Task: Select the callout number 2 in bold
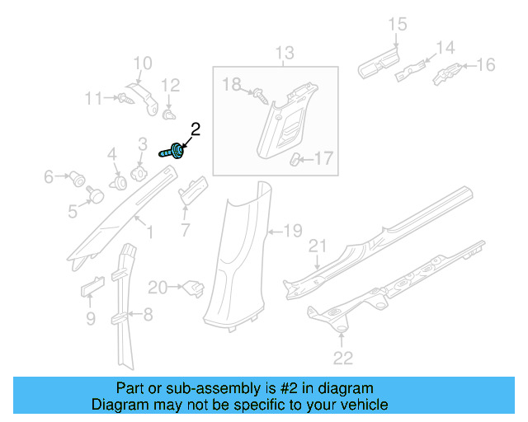[x=196, y=129]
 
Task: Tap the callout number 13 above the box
[x=284, y=54]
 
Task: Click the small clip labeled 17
[x=296, y=159]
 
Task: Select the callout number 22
[x=342, y=357]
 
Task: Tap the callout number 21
[x=318, y=246]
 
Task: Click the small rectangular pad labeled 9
[x=91, y=285]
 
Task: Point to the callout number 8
[x=148, y=313]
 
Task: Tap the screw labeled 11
[x=124, y=98]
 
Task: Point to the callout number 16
[x=486, y=64]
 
